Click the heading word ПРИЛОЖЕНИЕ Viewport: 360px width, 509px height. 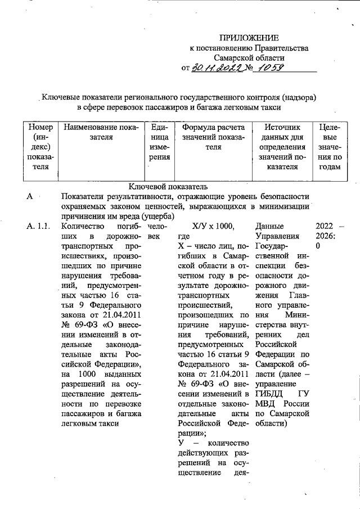tap(249, 38)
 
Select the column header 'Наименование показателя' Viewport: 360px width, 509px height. tap(101, 133)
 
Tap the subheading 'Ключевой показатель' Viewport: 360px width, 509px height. tap(160, 186)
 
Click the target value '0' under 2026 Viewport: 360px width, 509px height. tap(318, 246)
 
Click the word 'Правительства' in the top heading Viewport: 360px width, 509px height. tap(282, 48)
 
